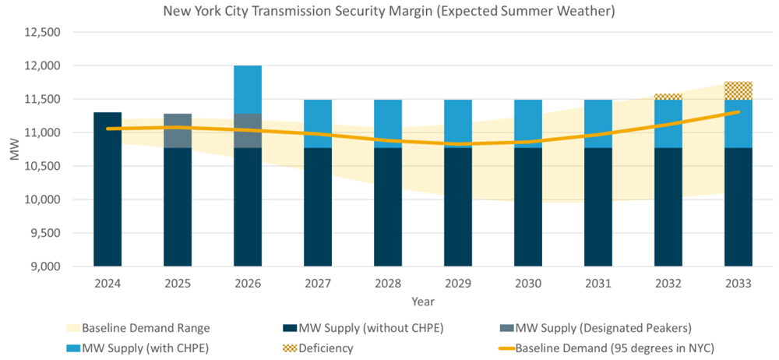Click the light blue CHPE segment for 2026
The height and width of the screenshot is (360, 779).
tap(248, 89)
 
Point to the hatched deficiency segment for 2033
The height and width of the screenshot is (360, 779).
tap(738, 90)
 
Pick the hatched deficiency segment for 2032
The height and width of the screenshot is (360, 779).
tap(668, 97)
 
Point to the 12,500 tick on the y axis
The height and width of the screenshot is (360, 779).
tap(44, 33)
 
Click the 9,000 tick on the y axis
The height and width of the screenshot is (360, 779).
tap(44, 266)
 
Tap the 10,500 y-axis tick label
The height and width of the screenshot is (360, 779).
tap(44, 166)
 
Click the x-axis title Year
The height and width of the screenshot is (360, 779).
tap(423, 302)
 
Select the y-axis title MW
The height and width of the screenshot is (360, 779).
tap(14, 150)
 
